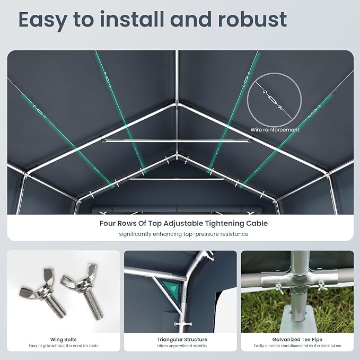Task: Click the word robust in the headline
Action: coord(252,19)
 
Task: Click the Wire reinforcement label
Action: coord(275,130)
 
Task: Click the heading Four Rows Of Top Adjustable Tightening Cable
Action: coord(183,223)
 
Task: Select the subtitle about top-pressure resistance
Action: coord(183,234)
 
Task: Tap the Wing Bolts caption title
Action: coord(64,339)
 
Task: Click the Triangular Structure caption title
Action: coord(182,339)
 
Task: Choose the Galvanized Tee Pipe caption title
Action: coord(297,339)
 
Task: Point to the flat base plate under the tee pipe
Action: coord(296,319)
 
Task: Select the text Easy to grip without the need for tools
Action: coord(64,346)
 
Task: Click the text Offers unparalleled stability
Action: coord(182,346)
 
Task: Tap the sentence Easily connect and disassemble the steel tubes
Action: coord(297,346)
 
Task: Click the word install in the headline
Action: coord(132,19)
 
